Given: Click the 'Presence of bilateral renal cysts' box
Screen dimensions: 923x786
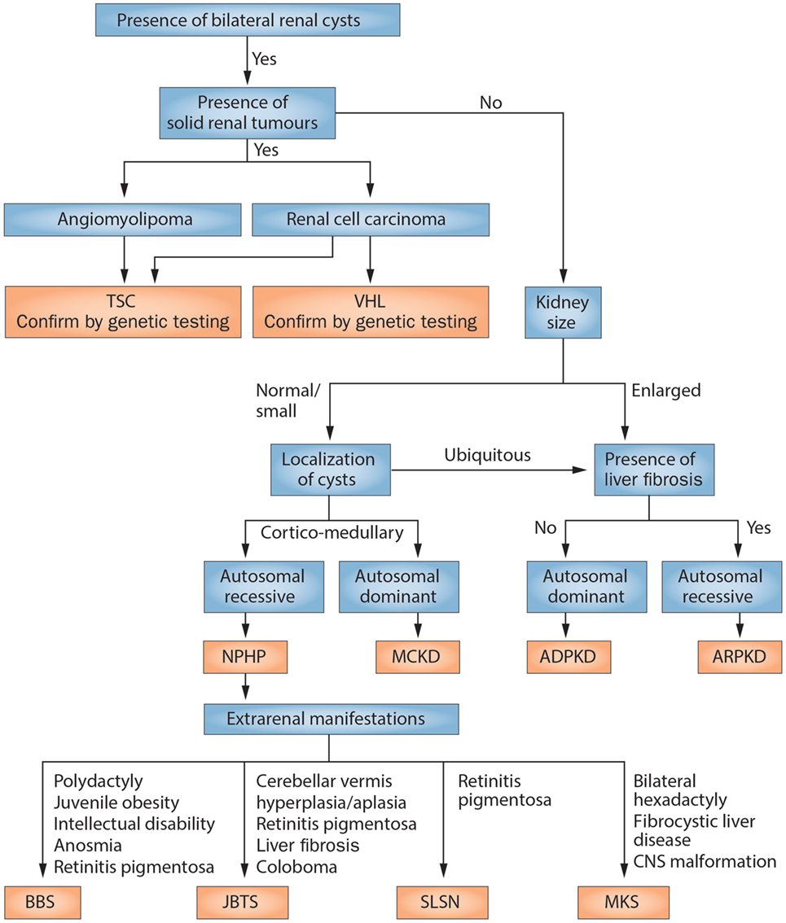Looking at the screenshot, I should [238, 20].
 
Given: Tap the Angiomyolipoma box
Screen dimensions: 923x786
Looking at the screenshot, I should [124, 219].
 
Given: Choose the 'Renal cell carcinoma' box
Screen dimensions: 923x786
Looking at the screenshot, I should [371, 219].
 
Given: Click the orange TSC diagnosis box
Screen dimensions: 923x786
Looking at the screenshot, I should [124, 310].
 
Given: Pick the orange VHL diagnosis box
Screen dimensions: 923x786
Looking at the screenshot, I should [371, 310].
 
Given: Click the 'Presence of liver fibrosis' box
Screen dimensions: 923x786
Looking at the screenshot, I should [654, 469].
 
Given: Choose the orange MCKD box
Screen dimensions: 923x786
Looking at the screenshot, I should [419, 656].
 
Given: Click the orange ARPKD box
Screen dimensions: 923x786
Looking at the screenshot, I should [740, 656].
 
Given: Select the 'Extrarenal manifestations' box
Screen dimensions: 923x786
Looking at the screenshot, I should [328, 719].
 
